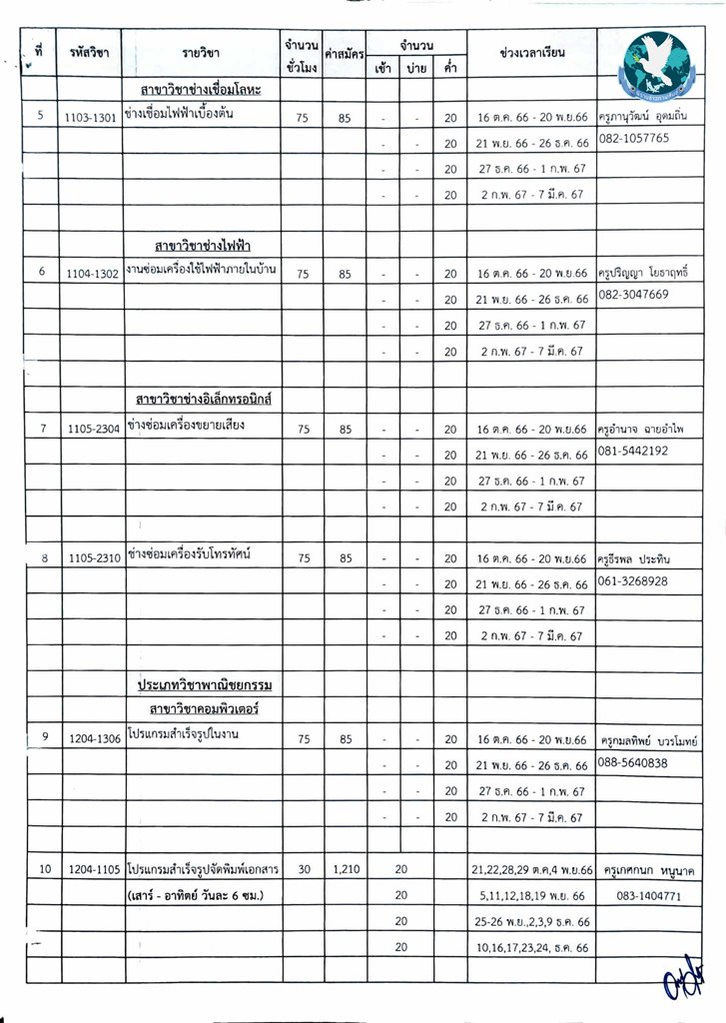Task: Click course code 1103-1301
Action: tap(92, 116)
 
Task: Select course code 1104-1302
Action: tap(92, 273)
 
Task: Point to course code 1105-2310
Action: tap(92, 559)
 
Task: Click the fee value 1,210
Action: tap(346, 870)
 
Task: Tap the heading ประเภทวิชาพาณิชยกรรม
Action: tap(204, 685)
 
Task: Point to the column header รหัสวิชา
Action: tap(90, 52)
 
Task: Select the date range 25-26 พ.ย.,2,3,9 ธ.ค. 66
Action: tap(531, 921)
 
